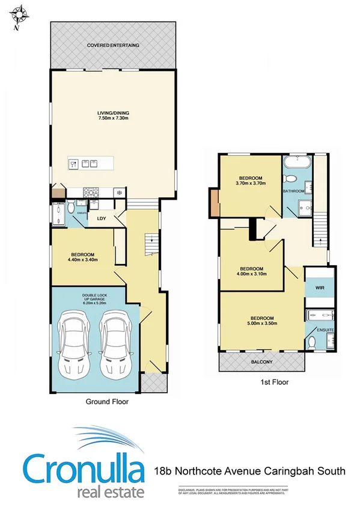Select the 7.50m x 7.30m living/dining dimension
[x=114, y=118]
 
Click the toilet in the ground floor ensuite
[x=72, y=208]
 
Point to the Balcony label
[x=261, y=361]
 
